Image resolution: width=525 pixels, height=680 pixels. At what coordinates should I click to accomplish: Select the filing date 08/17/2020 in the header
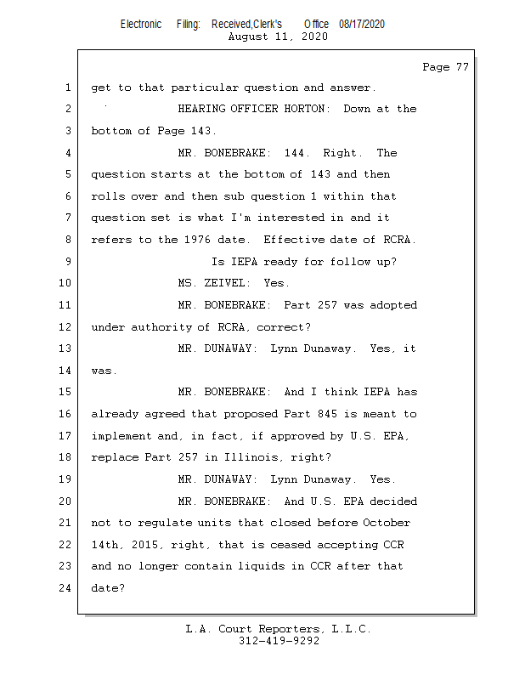click(361, 24)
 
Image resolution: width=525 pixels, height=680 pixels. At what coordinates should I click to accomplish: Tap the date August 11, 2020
click(278, 37)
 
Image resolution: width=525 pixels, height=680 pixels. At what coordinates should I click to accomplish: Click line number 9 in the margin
click(67, 262)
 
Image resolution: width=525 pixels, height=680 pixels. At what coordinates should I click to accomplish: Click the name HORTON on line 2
click(308, 109)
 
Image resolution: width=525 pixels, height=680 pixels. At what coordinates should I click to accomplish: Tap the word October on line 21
click(387, 523)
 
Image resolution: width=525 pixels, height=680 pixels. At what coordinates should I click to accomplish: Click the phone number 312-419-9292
click(279, 641)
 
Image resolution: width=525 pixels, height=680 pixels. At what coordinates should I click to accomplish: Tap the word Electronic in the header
click(140, 24)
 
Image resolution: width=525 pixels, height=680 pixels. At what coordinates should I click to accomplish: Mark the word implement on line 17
click(121, 436)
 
